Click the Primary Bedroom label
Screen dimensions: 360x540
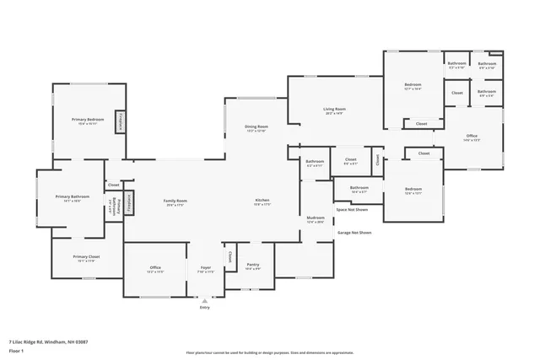(x=88, y=121)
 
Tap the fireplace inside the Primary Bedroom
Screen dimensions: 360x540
(x=120, y=121)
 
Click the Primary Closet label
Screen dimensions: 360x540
(x=86, y=258)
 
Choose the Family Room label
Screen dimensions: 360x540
(x=175, y=201)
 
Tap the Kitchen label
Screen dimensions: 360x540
(x=262, y=201)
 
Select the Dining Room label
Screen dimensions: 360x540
(x=256, y=128)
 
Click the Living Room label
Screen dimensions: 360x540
(x=334, y=110)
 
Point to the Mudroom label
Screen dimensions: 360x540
(x=316, y=220)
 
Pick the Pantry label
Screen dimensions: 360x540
(x=252, y=266)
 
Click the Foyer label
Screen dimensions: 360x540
(x=205, y=269)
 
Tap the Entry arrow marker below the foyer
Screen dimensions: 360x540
(x=204, y=301)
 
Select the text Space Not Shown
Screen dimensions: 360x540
(x=352, y=209)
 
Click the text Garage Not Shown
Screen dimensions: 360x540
(x=354, y=232)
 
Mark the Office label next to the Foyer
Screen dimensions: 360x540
(x=155, y=269)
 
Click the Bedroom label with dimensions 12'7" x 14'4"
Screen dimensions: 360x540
(x=413, y=86)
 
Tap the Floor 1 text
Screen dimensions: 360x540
(x=17, y=350)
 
